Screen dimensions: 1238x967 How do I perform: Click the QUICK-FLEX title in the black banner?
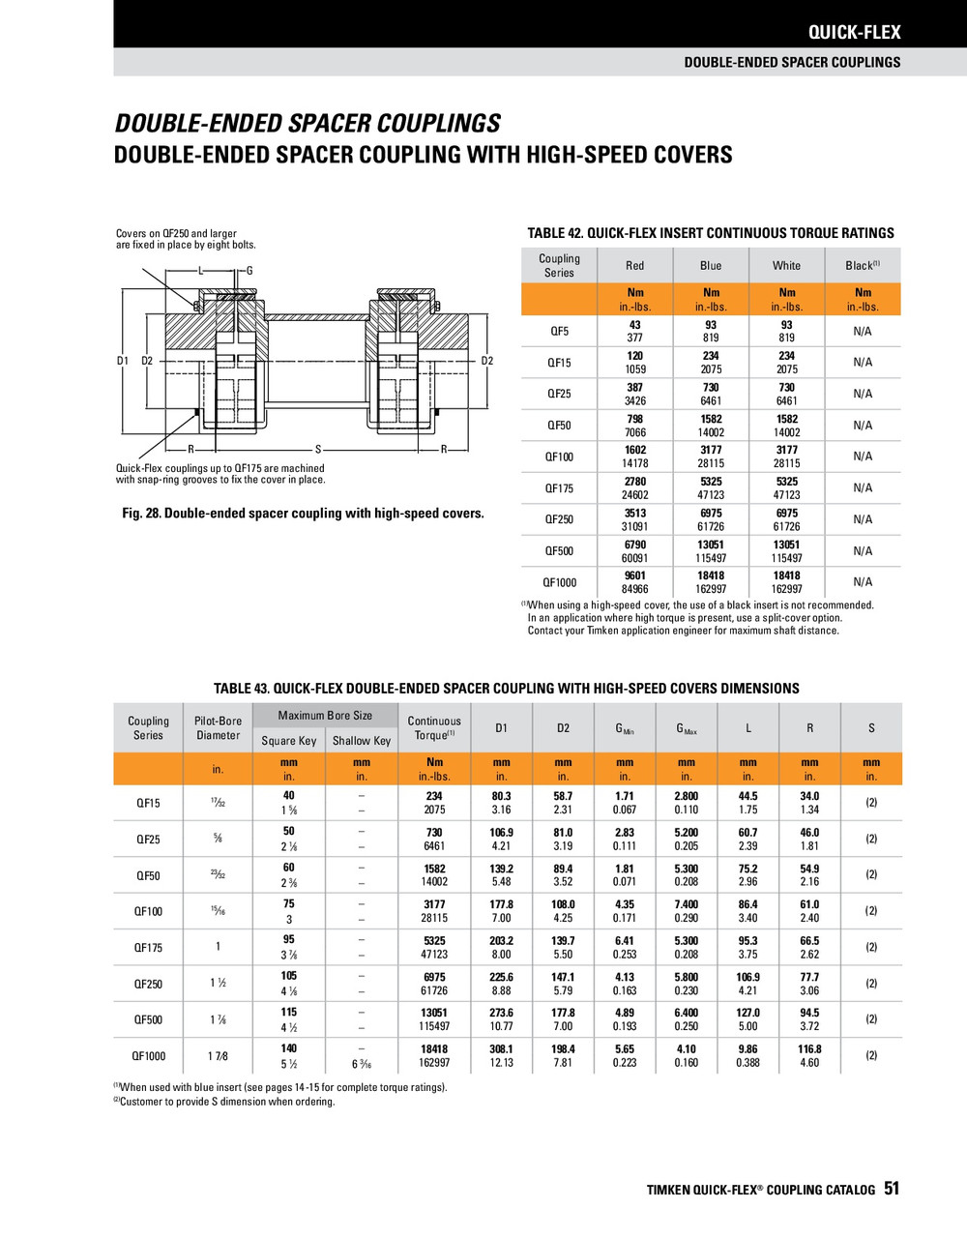[x=854, y=32]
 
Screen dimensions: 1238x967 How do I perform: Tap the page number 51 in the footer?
[x=892, y=1189]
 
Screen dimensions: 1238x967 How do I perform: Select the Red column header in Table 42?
[x=634, y=265]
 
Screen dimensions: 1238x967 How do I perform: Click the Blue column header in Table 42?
[x=711, y=265]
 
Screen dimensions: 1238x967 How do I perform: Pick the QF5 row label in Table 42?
[x=559, y=331]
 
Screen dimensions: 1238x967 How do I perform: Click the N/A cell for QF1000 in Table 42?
[x=863, y=582]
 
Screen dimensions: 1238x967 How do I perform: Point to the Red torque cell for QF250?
[x=634, y=519]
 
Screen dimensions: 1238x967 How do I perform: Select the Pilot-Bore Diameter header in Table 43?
[x=218, y=728]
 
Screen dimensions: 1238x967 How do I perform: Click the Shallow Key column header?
[x=361, y=741]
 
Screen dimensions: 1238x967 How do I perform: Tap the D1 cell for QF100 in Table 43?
[x=501, y=911]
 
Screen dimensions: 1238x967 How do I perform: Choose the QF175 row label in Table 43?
[x=148, y=948]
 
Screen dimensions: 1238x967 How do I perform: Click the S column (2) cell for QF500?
[x=871, y=1019]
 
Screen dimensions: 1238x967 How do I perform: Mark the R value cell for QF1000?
[x=809, y=1055]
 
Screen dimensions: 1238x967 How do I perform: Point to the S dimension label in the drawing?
[x=318, y=450]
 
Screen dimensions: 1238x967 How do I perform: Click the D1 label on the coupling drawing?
[x=123, y=361]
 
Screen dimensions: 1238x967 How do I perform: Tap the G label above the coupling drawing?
[x=249, y=271]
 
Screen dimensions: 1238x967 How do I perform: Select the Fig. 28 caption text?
[x=303, y=514]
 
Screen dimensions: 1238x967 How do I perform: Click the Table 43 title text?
[x=506, y=689]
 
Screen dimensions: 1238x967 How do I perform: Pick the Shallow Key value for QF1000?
[x=361, y=1064]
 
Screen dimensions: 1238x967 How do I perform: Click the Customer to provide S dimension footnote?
[x=224, y=1102]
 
